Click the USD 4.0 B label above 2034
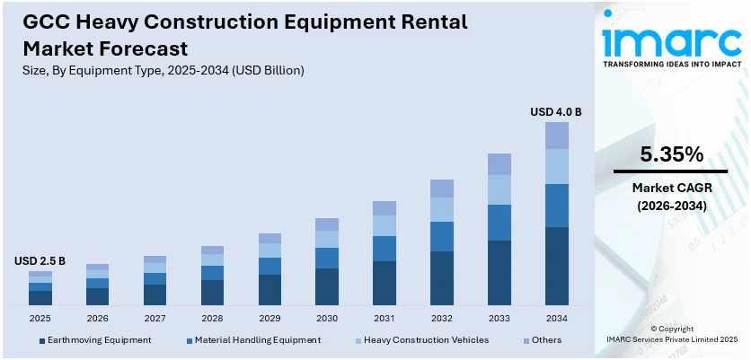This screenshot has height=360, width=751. (556, 112)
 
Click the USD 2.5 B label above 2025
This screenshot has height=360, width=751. (40, 261)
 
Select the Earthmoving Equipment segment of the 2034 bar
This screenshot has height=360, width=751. (557, 266)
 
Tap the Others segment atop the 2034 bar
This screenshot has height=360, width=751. (557, 136)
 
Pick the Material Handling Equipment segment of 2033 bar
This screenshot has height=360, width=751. (499, 222)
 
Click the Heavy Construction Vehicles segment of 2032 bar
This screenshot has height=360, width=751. (442, 209)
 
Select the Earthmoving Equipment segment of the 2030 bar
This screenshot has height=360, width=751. (327, 286)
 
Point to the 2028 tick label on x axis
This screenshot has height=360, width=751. (212, 318)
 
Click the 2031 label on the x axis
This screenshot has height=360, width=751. (384, 318)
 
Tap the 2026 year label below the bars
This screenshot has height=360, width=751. (97, 318)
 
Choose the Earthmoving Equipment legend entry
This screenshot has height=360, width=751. (94, 340)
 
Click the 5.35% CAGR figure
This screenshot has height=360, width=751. (670, 154)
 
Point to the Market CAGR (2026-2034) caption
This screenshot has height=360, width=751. (670, 197)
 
